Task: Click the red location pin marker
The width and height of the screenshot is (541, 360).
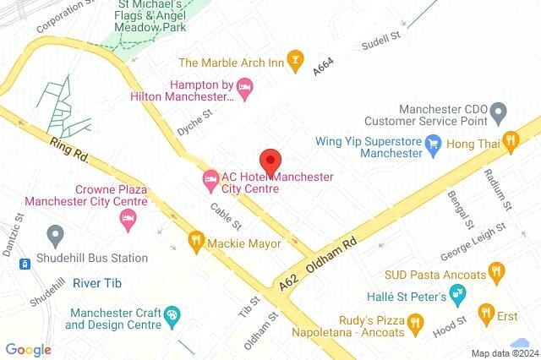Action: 270,161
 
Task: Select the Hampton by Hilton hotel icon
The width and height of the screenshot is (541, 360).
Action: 245,85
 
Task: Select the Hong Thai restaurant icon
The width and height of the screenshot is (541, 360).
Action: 510,141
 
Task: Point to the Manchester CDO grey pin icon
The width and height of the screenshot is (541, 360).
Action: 498,111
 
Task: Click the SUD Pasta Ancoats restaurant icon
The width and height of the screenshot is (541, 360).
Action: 497,273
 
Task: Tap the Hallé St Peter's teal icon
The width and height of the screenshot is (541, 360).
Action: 457,295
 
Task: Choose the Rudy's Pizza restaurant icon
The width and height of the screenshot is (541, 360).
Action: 414,321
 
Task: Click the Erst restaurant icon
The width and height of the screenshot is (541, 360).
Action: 487,314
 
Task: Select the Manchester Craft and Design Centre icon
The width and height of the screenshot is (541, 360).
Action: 172,315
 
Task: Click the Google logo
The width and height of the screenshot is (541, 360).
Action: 28,349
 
